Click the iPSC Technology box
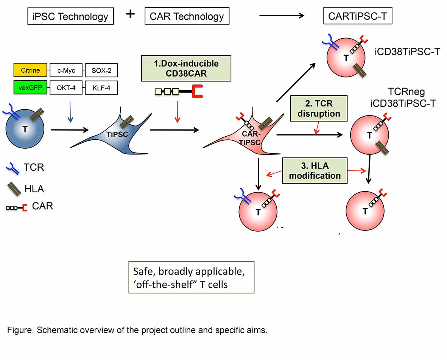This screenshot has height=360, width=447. click(x=70, y=16)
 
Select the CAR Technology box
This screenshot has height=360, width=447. click(x=187, y=16)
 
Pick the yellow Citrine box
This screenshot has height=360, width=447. click(x=30, y=70)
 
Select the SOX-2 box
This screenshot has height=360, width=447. click(x=101, y=70)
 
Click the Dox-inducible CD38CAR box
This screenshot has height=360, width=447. click(x=186, y=68)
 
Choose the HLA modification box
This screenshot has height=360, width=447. click(x=315, y=170)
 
